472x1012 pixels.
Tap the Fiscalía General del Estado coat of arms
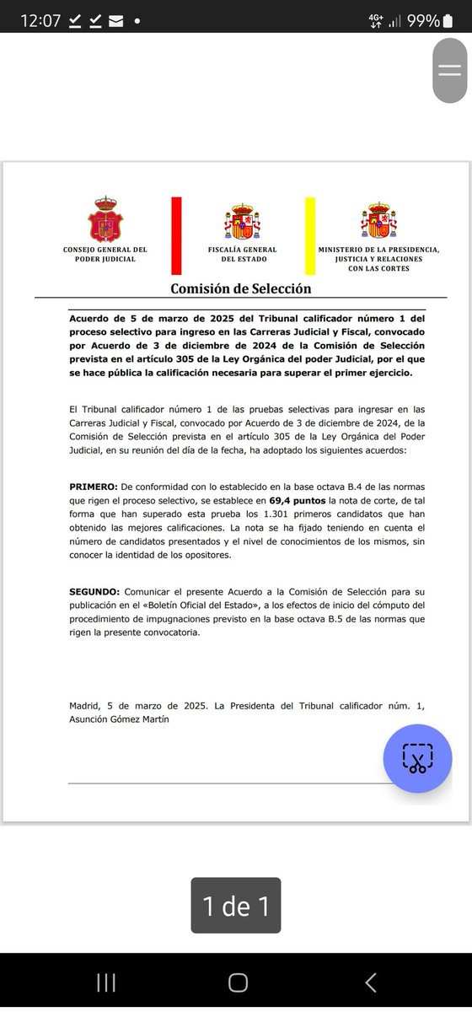pos(242,222)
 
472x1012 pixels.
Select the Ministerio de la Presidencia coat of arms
pos(378,221)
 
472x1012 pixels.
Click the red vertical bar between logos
pos(176,235)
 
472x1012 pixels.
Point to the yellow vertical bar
pos(310,235)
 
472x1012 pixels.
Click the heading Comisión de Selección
pos(241,288)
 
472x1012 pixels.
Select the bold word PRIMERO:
pos(94,487)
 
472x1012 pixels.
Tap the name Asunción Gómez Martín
pos(121,719)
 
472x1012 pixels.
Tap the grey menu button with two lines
pos(449,71)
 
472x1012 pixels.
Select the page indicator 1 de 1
pos(236,906)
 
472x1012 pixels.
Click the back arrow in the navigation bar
pos(370,982)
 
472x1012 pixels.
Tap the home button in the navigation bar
pos(238,982)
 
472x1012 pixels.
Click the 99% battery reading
pos(423,21)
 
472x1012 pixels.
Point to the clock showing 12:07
pos(40,21)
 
